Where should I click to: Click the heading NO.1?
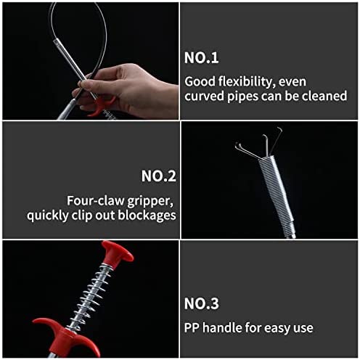click(x=201, y=58)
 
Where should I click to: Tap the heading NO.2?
click(x=159, y=176)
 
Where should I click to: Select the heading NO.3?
click(x=201, y=303)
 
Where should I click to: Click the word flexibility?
click(x=247, y=82)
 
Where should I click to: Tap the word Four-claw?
click(x=96, y=201)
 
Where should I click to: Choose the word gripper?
click(x=150, y=202)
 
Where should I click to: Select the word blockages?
click(x=147, y=215)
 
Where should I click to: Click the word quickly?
click(x=48, y=216)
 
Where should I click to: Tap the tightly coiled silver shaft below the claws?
click(x=278, y=194)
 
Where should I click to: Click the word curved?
click(x=204, y=96)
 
